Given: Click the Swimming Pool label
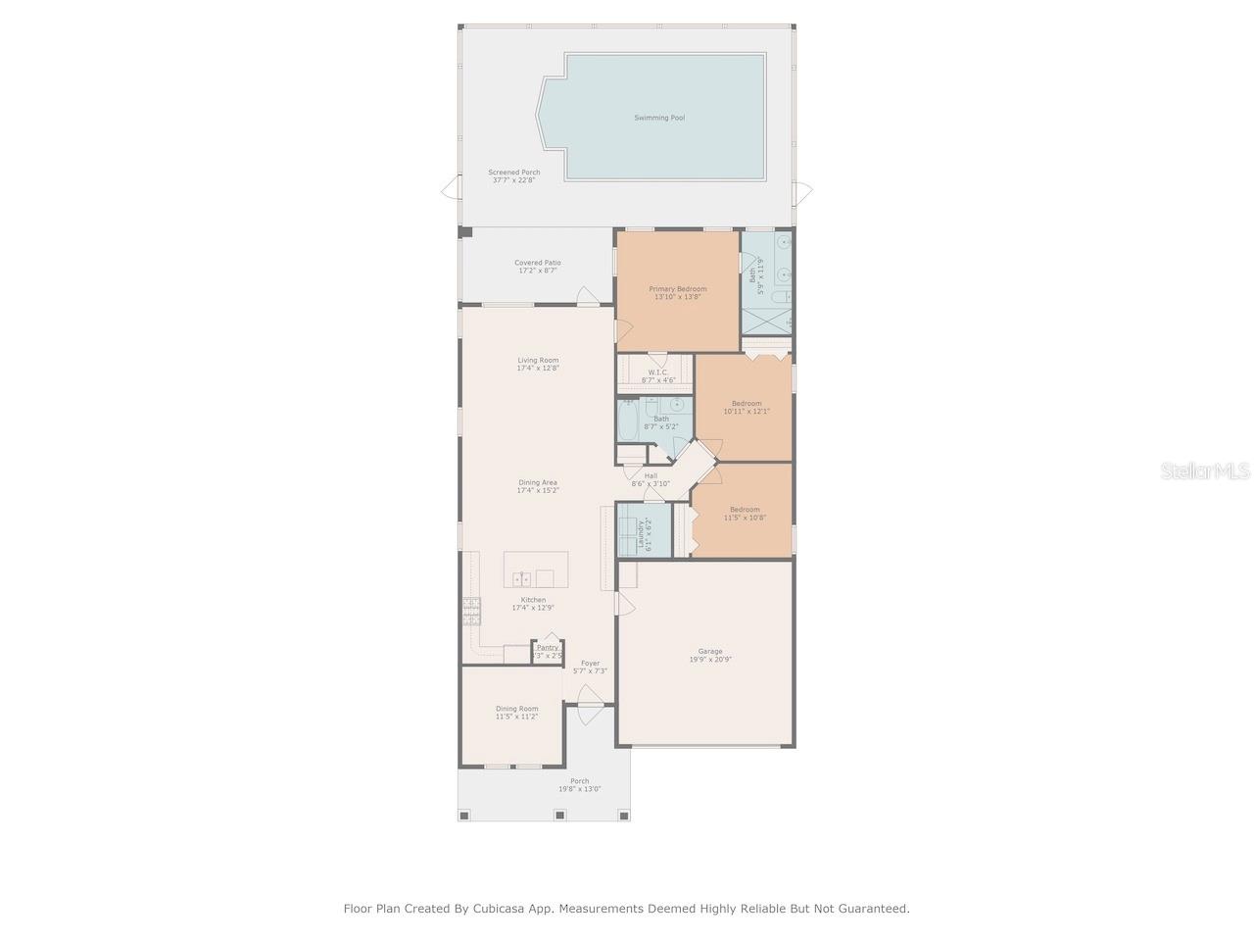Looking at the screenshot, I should tap(658, 118).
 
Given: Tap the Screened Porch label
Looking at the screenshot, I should tap(514, 173).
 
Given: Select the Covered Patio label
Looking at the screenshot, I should tap(538, 263).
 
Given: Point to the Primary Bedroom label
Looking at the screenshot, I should tap(677, 289).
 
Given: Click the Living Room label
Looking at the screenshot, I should tap(538, 360).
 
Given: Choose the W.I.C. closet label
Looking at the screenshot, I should tap(657, 372).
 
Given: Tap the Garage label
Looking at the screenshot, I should tap(710, 651).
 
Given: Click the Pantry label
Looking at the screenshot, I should tap(548, 647).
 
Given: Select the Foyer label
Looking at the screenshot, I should tap(590, 663).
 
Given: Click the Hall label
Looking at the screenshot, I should tap(651, 475).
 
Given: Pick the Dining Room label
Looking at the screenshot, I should tap(516, 709).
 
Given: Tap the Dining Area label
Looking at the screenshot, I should tap(538, 482).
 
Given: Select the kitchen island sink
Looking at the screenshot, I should tap(523, 577).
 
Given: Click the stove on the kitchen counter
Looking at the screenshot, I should tap(471, 612).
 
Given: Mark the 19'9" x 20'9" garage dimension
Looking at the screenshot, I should tap(710, 660).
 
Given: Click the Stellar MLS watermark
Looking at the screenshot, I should tap(1205, 471).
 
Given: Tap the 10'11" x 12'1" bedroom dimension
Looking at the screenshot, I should tap(747, 412).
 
